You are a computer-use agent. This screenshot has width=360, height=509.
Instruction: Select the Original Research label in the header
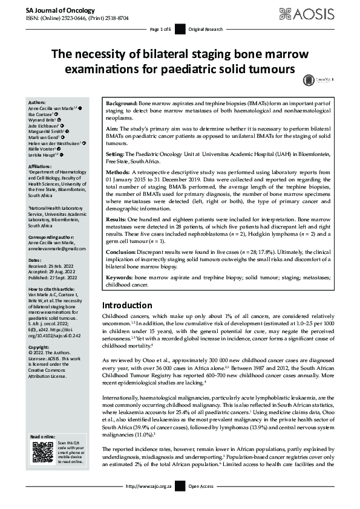click(206, 29)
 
